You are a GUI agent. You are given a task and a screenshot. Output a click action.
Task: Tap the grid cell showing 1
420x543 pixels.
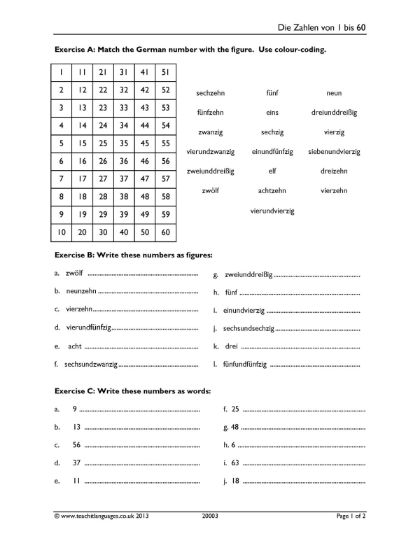tap(62, 71)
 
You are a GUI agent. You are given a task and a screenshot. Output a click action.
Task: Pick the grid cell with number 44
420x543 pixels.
tap(145, 125)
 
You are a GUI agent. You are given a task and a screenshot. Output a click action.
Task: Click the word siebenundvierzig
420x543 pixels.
tap(334, 151)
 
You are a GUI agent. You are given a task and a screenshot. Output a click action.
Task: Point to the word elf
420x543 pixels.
tap(272, 171)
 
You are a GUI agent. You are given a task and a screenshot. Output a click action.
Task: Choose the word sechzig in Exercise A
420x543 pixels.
tap(272, 132)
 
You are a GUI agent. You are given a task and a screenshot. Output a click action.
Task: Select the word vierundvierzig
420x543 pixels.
tap(272, 211)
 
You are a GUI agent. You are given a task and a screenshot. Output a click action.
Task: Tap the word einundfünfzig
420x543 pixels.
tap(272, 151)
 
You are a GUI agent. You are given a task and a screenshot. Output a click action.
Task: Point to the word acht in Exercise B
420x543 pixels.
tap(74, 346)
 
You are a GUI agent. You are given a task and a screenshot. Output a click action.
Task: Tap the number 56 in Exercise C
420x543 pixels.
tap(76, 444)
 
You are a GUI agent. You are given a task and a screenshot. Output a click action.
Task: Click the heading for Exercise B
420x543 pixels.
tap(133, 255)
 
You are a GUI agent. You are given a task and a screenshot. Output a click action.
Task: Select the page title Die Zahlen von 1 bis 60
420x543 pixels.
tap(321, 27)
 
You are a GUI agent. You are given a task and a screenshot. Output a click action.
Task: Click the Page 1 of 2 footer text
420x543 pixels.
tap(351, 516)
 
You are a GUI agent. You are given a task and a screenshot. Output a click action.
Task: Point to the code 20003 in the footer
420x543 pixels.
tap(208, 516)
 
